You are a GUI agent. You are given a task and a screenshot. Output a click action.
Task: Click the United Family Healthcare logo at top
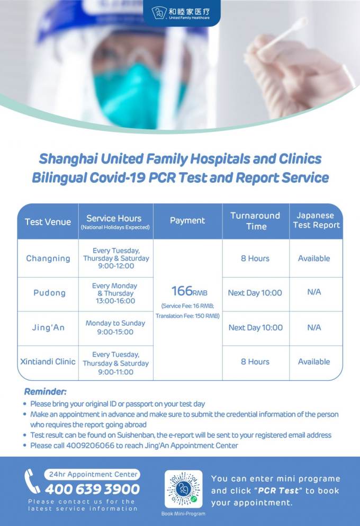coord(181,13)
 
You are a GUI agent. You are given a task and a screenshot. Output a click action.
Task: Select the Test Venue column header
coord(48,222)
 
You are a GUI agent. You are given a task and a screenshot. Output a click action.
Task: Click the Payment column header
coord(187,220)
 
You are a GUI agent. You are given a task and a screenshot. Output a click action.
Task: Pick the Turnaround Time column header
coord(255,221)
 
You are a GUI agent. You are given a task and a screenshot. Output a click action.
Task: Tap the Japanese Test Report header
coord(316,220)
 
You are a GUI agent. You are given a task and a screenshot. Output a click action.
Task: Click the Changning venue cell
coord(48,258)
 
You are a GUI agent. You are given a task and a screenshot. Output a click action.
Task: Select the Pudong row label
coord(49,293)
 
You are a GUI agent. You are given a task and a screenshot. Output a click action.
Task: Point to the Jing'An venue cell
coord(48,327)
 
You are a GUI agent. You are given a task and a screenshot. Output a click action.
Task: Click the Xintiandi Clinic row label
coord(48,362)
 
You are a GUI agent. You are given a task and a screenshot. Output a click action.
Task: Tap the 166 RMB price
coord(190,291)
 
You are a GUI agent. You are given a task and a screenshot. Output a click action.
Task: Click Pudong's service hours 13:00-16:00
coord(115,301)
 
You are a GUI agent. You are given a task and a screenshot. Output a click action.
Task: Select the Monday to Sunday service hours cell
coord(115,327)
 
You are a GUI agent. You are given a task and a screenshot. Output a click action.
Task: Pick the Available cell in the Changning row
coord(314,258)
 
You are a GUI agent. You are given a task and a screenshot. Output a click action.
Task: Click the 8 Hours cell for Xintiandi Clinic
coord(255,362)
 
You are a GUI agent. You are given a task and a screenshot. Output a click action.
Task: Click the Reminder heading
coord(45,391)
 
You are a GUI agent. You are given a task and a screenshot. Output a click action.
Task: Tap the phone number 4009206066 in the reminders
coord(90,445)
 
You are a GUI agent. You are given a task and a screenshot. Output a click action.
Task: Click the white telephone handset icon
coord(32,482)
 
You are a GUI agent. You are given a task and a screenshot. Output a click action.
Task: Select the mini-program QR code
coord(183,489)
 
